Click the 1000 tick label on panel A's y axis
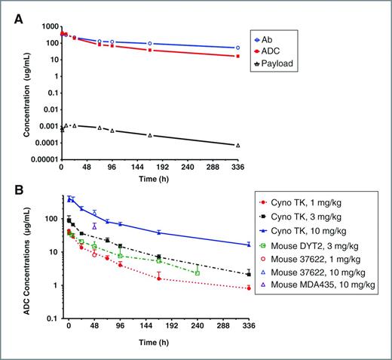pos(49,26)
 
